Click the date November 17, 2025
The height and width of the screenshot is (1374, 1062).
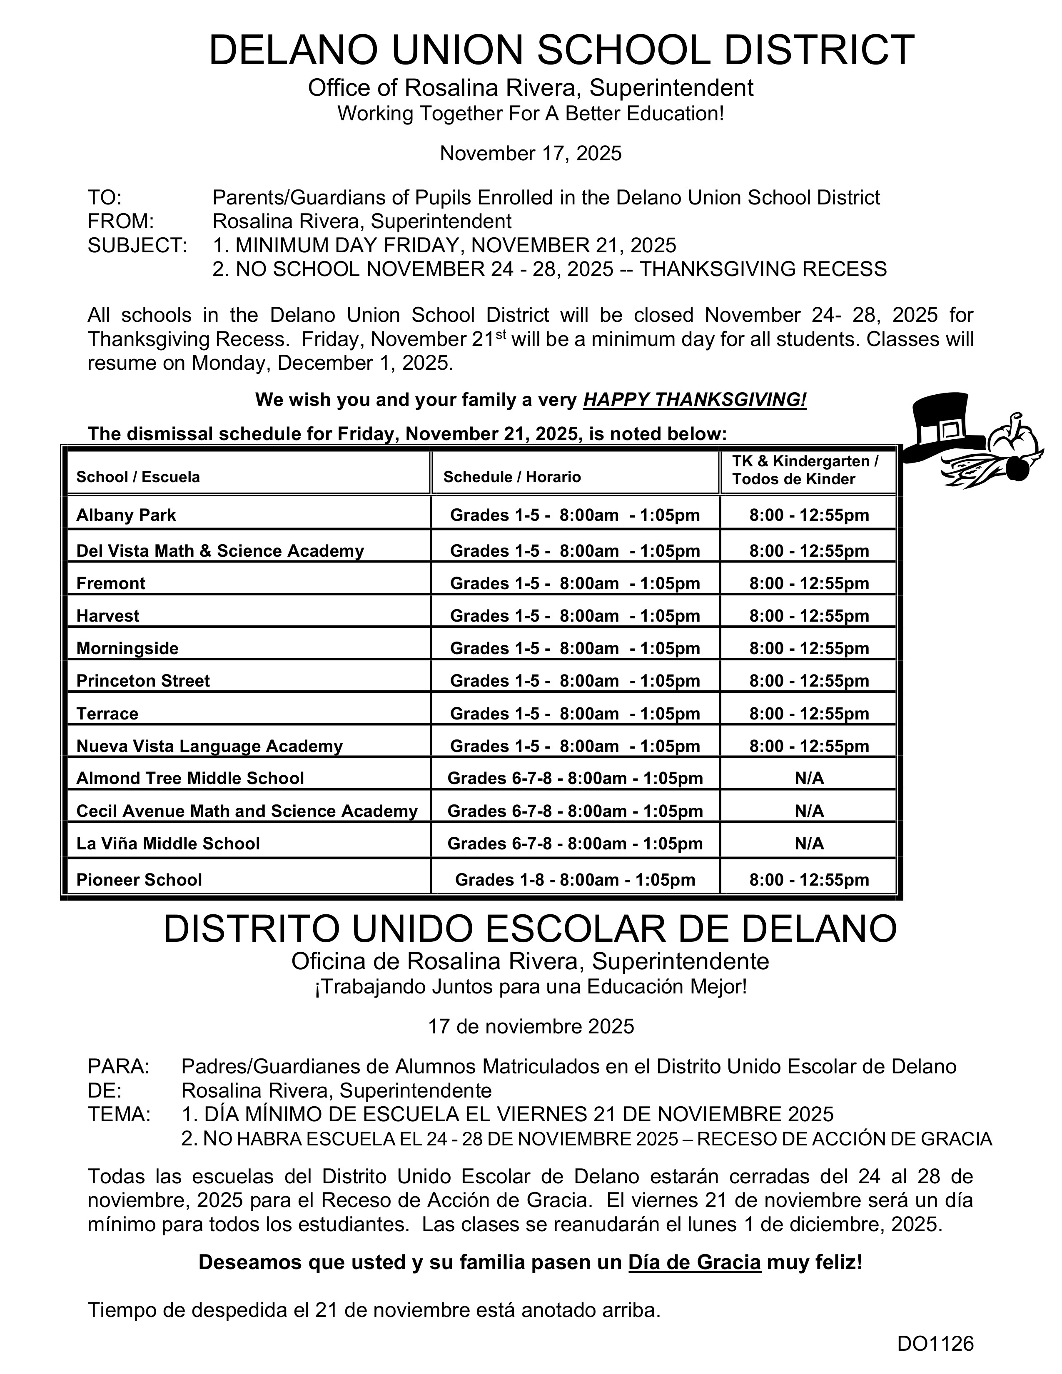pos(530,153)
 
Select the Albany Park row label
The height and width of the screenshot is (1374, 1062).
pos(126,515)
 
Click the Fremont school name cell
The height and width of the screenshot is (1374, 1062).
pos(111,583)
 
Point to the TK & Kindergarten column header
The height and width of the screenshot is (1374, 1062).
pos(805,470)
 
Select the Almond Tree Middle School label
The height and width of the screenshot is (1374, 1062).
pos(190,778)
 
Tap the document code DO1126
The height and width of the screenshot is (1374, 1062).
pos(935,1344)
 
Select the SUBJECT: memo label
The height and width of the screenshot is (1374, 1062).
pos(137,245)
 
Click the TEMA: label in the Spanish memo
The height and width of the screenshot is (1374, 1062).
pos(119,1114)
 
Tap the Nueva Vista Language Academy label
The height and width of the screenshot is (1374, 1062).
pos(209,746)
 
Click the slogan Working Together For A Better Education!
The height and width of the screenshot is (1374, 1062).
pos(530,114)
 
